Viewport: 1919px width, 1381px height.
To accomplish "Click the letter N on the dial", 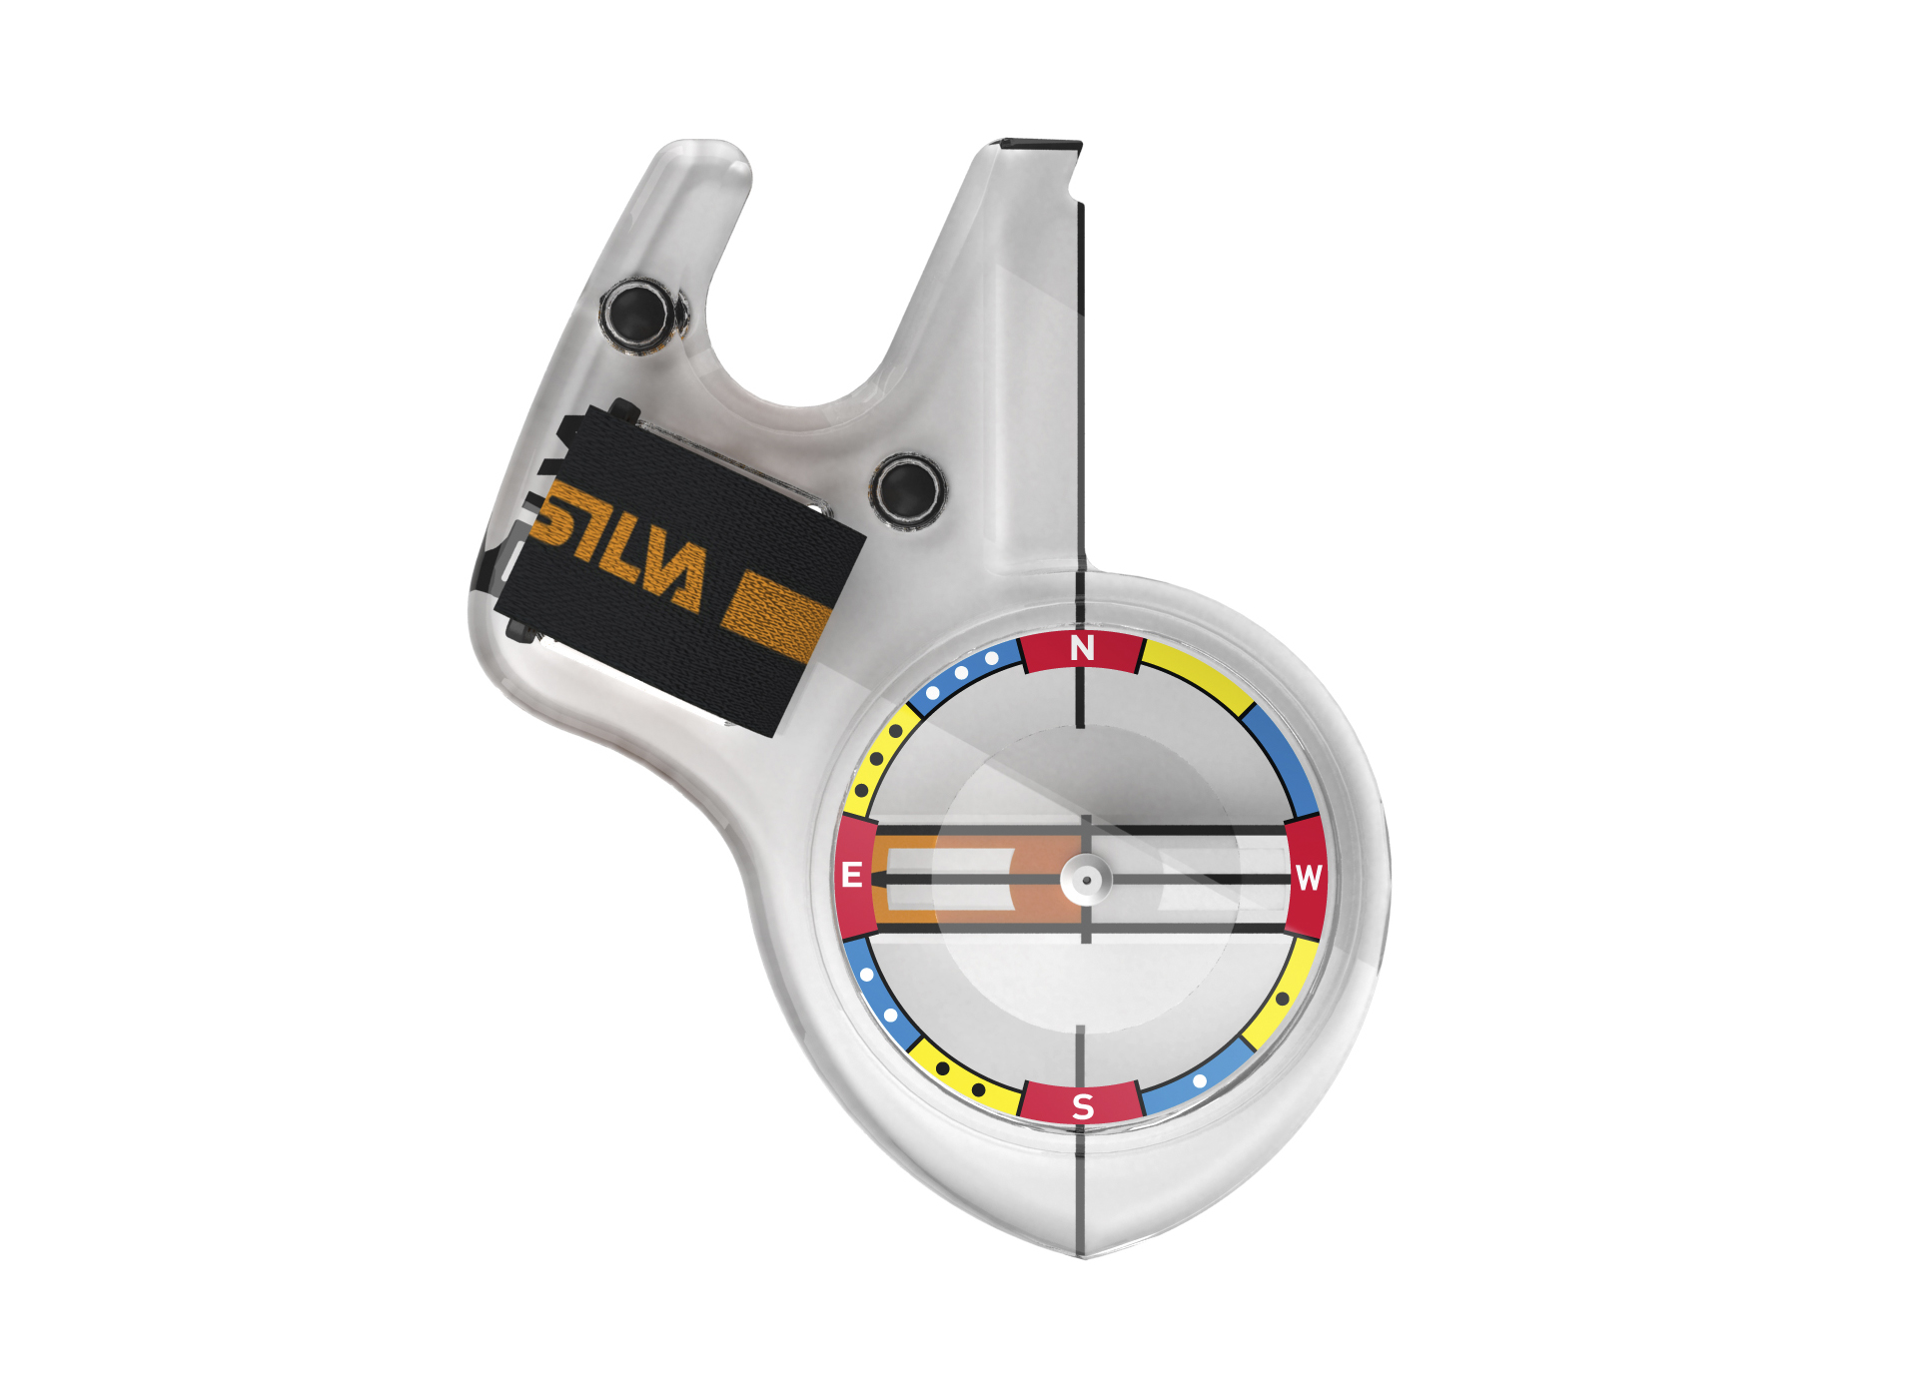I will pos(1082,649).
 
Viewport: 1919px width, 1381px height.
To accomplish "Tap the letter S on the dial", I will pos(1083,1106).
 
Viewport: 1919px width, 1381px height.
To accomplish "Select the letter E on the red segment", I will pos(852,876).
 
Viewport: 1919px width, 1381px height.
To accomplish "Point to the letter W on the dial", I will pos(1309,878).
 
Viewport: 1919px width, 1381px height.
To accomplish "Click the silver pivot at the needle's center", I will pos(1086,881).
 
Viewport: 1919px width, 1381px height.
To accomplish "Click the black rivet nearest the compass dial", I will pos(906,490).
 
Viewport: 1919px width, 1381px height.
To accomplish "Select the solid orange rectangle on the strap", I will pos(776,617).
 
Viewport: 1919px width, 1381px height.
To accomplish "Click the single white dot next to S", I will pos(1200,1080).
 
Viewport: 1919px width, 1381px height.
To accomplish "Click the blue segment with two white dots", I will pos(878,995).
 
